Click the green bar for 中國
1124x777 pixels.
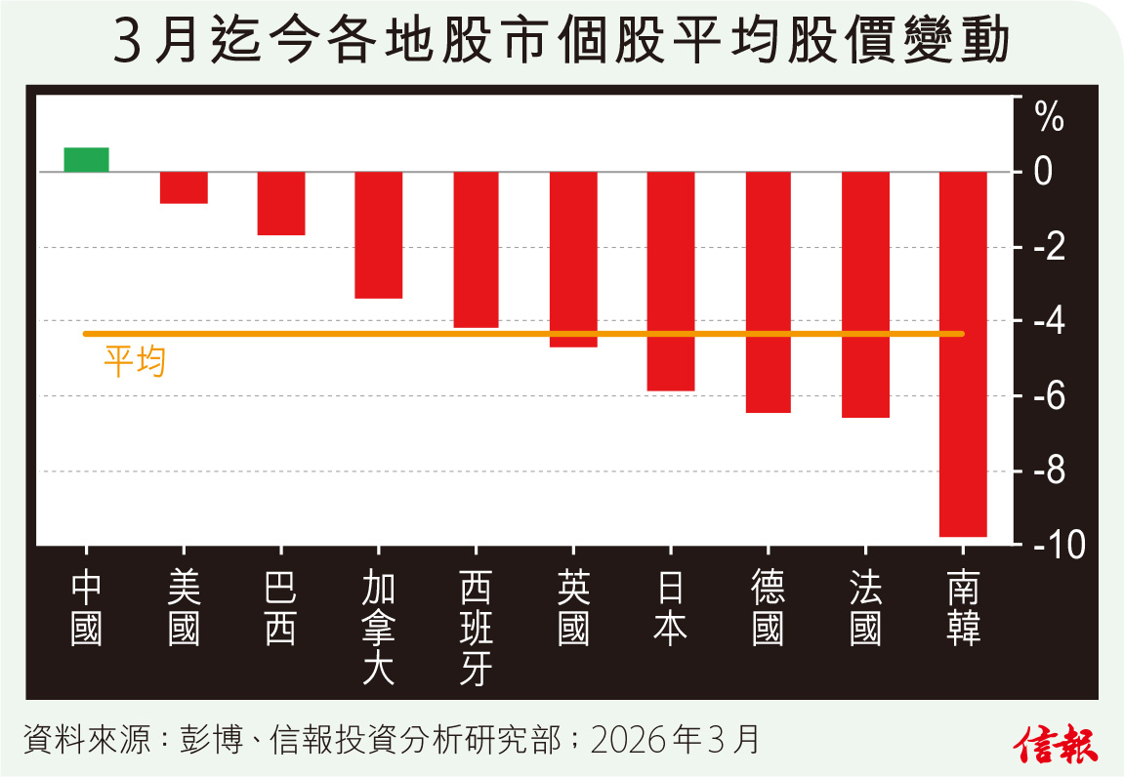pyautogui.click(x=86, y=159)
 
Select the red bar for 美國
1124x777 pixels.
pyautogui.click(x=184, y=187)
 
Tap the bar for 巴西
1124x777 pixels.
pyautogui.click(x=281, y=203)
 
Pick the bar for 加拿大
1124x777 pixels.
pyautogui.click(x=379, y=234)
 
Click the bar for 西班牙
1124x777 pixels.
pyautogui.click(x=476, y=249)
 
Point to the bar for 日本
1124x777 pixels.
pyautogui.click(x=671, y=281)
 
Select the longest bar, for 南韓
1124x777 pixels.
pyautogui.click(x=963, y=353)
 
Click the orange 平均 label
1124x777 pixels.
pyautogui.click(x=135, y=362)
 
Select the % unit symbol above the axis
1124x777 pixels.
pyautogui.click(x=1050, y=120)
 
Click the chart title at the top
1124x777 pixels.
pyautogui.click(x=562, y=45)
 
